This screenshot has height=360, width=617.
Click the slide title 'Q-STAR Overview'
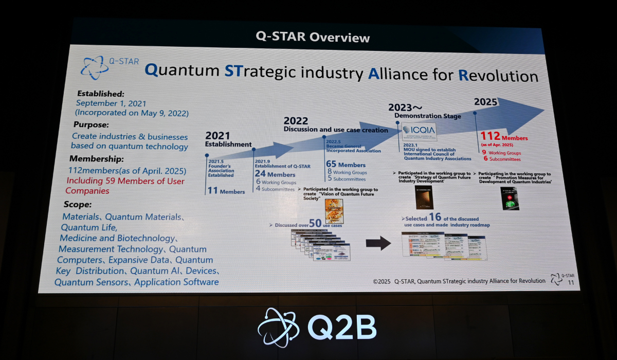tap(313, 38)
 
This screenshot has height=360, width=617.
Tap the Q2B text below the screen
tap(342, 327)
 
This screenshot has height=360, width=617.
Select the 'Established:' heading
tap(101, 94)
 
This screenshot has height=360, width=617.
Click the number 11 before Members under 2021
tap(212, 191)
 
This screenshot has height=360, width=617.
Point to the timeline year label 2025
tap(485, 102)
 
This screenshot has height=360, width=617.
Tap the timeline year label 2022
tap(296, 121)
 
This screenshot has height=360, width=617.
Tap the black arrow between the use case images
tap(378, 243)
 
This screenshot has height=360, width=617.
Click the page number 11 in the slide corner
tap(571, 282)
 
